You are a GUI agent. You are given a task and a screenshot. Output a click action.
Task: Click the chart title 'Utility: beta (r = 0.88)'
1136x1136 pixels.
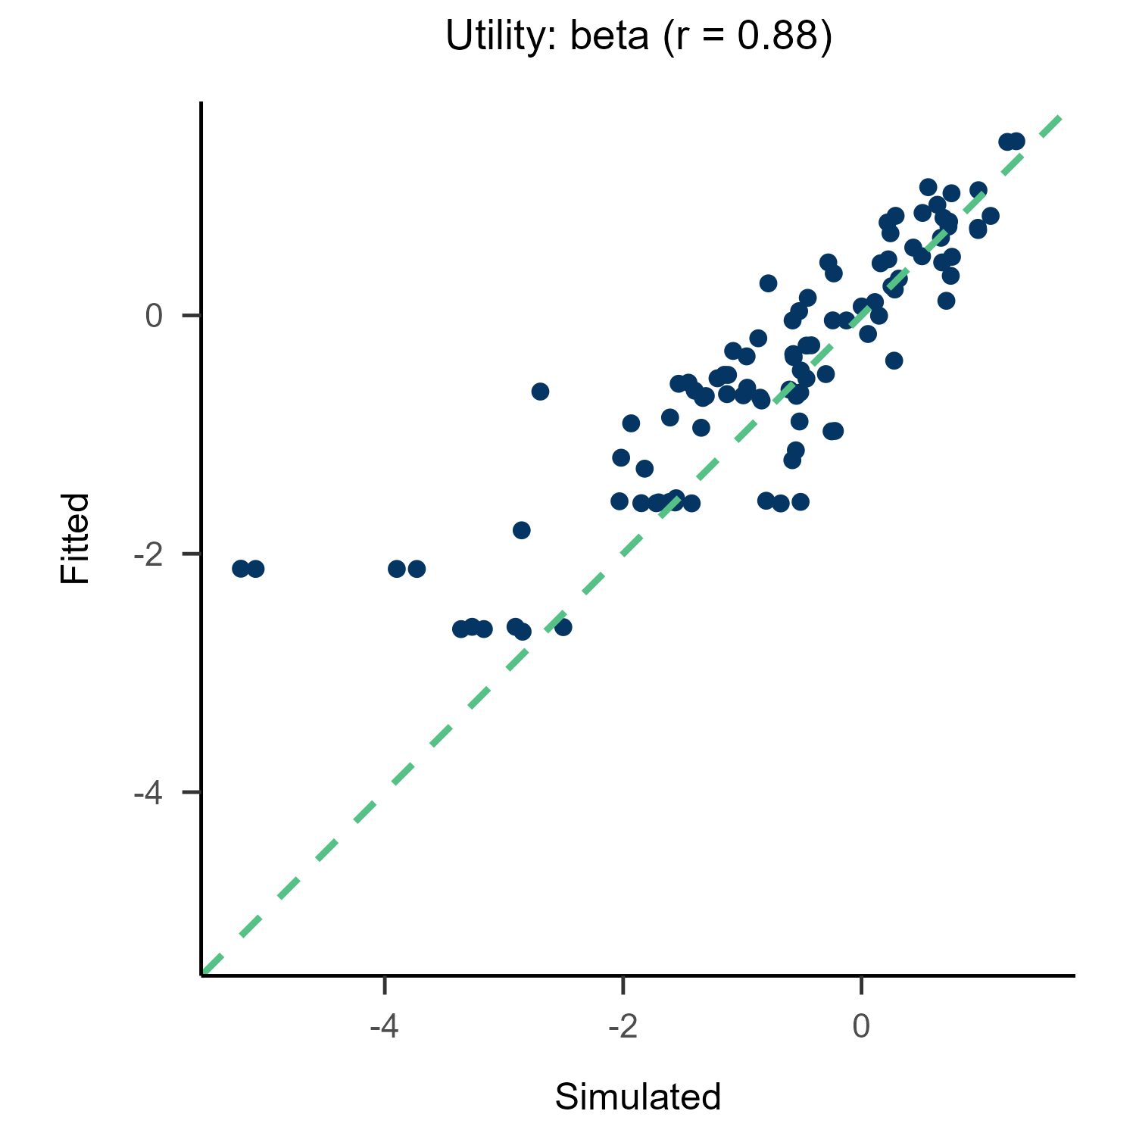pyautogui.click(x=638, y=36)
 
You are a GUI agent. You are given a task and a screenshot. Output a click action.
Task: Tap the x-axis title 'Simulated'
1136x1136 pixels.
pyautogui.click(x=638, y=1097)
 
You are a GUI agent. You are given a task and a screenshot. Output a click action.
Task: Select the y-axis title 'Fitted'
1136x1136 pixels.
pyautogui.click(x=75, y=538)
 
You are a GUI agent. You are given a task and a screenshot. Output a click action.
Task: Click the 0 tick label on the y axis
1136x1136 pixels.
pyautogui.click(x=154, y=316)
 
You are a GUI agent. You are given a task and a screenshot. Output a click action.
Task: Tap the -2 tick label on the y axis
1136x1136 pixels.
pyautogui.click(x=148, y=554)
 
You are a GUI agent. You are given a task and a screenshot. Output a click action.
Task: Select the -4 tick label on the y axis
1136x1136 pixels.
pyautogui.click(x=148, y=793)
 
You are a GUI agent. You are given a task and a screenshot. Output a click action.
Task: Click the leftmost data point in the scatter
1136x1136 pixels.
pyautogui.click(x=241, y=569)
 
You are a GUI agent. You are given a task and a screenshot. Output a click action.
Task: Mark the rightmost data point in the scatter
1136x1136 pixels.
pyautogui.click(x=1016, y=142)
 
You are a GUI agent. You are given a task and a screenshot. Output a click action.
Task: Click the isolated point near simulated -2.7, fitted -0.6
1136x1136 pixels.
pyautogui.click(x=540, y=392)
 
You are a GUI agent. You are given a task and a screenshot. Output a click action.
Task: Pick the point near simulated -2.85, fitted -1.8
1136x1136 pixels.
pyautogui.click(x=521, y=530)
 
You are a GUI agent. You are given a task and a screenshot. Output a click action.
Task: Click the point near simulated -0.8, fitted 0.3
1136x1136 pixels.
pyautogui.click(x=768, y=283)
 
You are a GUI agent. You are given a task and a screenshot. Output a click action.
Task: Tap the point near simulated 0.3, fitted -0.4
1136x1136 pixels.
pyautogui.click(x=894, y=360)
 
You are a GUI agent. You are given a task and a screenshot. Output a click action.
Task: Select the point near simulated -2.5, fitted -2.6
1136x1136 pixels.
pyautogui.click(x=563, y=627)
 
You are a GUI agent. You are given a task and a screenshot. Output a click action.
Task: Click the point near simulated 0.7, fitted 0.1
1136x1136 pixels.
pyautogui.click(x=946, y=301)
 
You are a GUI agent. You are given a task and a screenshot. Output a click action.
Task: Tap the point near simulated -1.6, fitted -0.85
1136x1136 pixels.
pyautogui.click(x=670, y=417)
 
